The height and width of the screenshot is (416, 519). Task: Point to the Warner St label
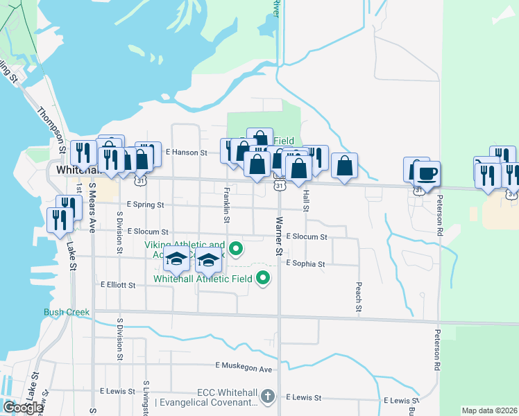click(x=279, y=236)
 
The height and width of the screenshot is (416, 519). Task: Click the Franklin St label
click(x=227, y=204)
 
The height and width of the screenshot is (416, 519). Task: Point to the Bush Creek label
click(x=67, y=312)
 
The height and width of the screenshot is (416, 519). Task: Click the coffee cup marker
click(x=427, y=173)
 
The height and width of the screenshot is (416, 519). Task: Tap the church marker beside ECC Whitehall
click(x=269, y=397)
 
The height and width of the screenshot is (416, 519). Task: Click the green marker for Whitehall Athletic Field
click(x=263, y=279)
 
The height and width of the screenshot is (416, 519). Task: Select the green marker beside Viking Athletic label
click(x=236, y=248)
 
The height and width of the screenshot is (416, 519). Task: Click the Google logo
click(x=23, y=407)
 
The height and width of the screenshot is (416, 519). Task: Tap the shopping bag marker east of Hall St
click(x=344, y=166)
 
